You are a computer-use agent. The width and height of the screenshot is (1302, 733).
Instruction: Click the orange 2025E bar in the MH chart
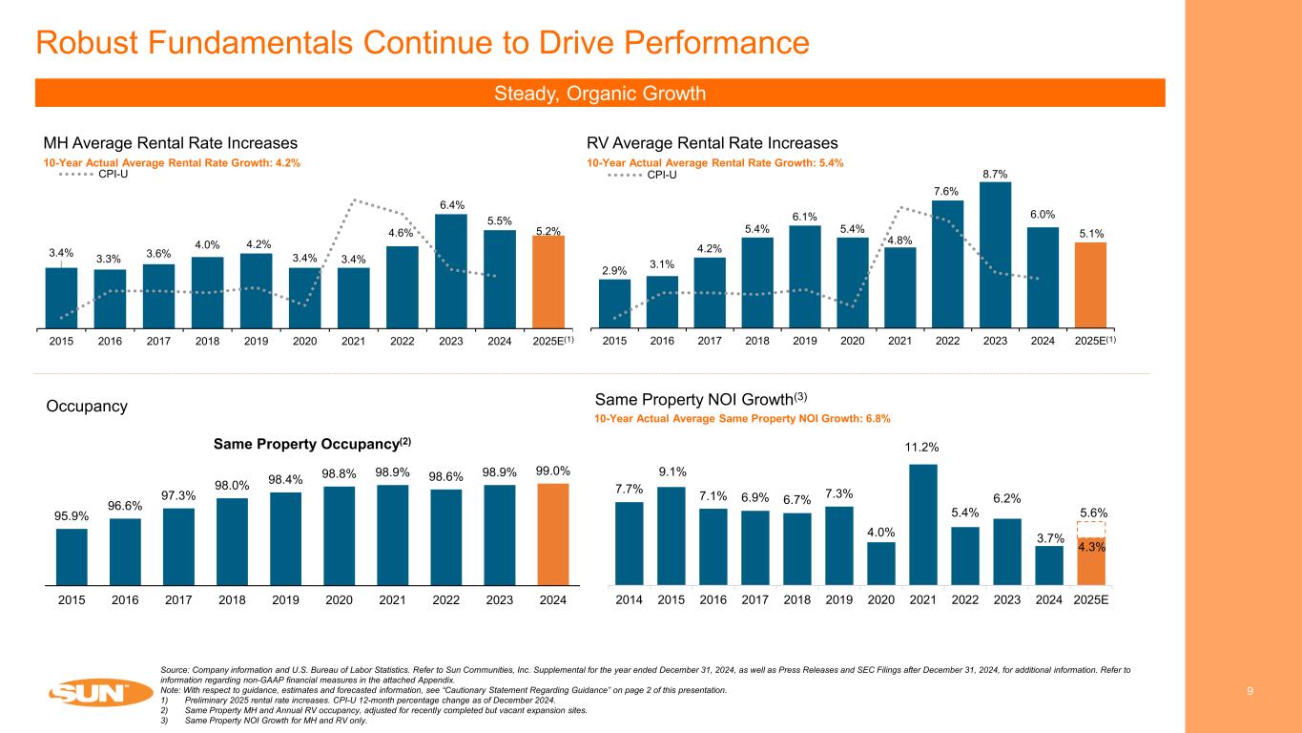click(x=548, y=281)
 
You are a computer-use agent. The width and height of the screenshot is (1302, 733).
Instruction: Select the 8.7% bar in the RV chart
click(x=995, y=254)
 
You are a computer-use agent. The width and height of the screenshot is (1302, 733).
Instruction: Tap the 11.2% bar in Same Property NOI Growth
click(x=923, y=524)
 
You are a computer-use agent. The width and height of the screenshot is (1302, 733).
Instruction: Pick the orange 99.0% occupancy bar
click(x=553, y=534)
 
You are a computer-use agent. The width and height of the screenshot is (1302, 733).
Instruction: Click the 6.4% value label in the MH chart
click(x=451, y=204)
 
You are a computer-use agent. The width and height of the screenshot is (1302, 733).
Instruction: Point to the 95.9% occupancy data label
click(x=72, y=516)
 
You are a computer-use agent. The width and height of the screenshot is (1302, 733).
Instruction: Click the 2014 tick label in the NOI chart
click(x=630, y=600)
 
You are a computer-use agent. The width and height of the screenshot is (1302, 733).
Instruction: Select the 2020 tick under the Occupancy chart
click(x=339, y=600)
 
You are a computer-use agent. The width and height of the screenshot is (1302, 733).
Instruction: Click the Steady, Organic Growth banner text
click(x=600, y=94)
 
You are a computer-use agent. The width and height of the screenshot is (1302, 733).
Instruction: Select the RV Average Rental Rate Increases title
click(x=712, y=143)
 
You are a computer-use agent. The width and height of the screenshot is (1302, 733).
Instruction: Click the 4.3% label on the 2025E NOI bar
click(x=1091, y=547)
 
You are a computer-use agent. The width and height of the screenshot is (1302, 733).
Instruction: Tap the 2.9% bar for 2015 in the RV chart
click(x=614, y=303)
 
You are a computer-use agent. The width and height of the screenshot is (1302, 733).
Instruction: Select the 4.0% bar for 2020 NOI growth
click(x=881, y=563)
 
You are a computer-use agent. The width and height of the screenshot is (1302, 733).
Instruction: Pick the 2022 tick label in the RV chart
click(x=948, y=341)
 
